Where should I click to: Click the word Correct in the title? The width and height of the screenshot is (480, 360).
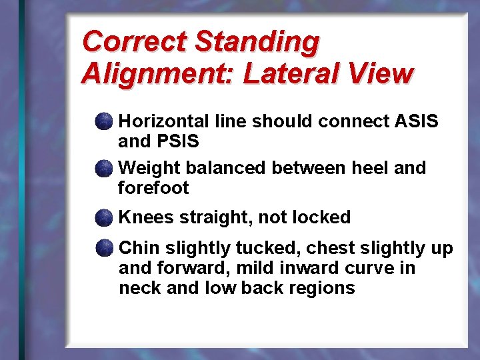134,41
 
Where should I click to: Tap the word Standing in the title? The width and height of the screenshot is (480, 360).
257,41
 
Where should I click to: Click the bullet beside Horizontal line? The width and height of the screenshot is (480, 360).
103,121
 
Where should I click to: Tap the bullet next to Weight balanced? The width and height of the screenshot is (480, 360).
103,168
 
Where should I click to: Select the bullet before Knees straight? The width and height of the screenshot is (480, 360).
103,217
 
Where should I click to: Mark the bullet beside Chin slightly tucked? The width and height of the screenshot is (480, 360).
103,249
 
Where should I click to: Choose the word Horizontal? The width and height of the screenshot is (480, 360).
164,121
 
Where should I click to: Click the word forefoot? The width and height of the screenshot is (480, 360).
153,188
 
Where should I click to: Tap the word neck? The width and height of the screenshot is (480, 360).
137,288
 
